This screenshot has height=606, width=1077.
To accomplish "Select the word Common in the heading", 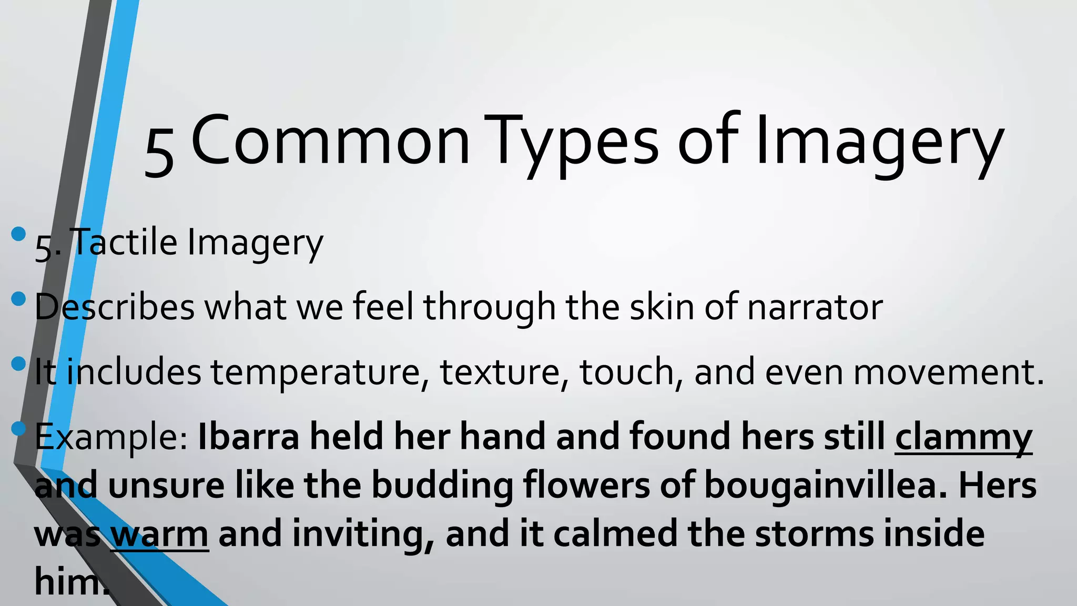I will [x=330, y=142].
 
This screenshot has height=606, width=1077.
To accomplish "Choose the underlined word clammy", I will [x=963, y=438].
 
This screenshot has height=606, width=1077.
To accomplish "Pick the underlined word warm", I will [x=160, y=534].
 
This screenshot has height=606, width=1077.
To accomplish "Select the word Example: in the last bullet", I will [x=111, y=438].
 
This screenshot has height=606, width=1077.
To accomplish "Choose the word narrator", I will [x=815, y=307].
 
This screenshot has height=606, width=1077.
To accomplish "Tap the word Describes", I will [x=115, y=307].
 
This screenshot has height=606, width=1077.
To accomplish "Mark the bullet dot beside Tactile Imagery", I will [x=18, y=234].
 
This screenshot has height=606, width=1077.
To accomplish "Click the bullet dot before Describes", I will [x=18, y=299].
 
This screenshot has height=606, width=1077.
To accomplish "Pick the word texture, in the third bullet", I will [x=504, y=372].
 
